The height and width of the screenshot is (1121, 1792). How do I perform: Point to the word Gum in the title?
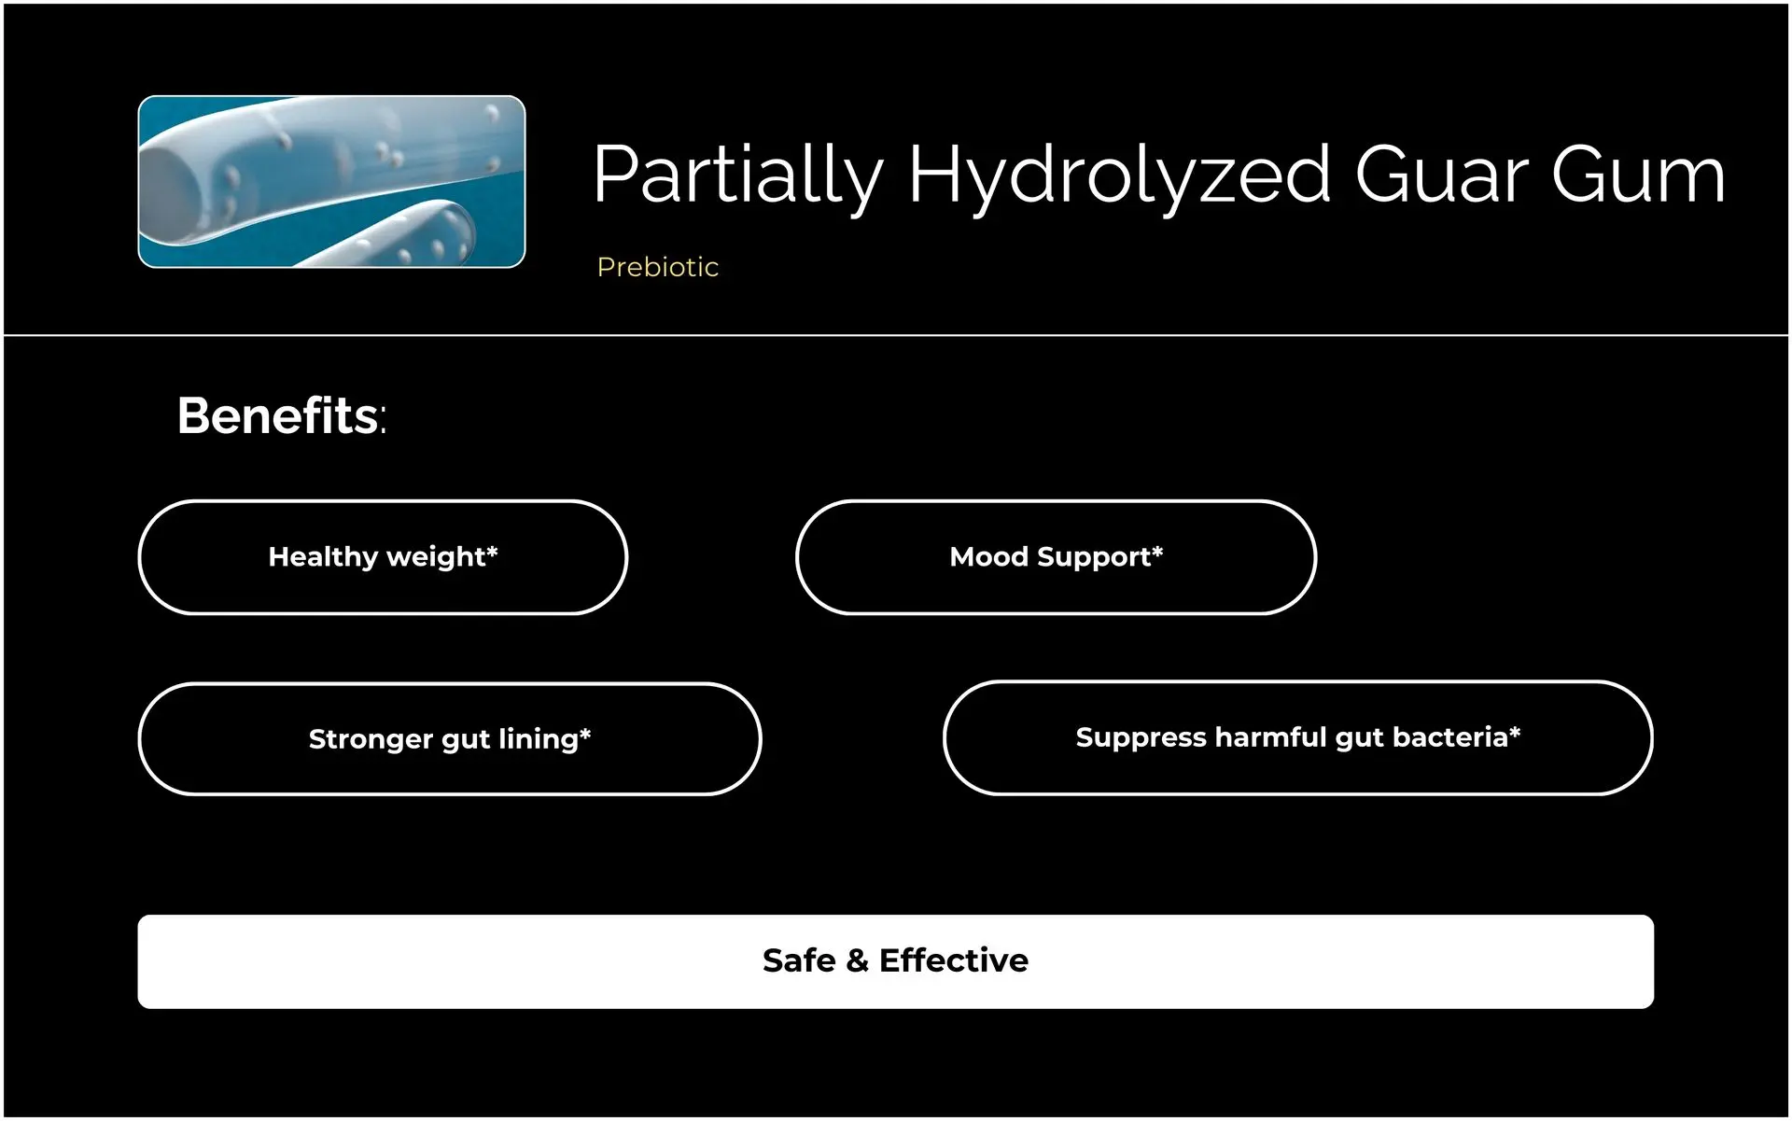coord(1639,175)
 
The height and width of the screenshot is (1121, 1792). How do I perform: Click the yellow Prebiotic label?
coord(658,267)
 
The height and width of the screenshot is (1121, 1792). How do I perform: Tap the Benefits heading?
coord(281,415)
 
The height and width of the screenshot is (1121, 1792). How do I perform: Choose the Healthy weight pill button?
coord(383,557)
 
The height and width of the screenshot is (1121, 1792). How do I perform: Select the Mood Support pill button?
coord(1056,557)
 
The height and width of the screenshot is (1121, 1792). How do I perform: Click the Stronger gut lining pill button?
coord(450,739)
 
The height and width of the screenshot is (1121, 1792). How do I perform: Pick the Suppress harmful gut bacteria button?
coord(1298,737)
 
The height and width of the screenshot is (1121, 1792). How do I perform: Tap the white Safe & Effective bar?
coord(896,961)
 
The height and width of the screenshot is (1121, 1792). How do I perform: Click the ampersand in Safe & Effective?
coord(857,960)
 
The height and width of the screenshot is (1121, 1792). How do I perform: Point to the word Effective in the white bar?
coord(954,960)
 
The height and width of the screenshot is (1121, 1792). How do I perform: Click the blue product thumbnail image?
coord(331,182)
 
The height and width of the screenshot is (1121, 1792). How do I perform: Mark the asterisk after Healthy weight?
coord(492,551)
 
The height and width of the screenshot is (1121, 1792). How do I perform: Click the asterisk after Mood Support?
coord(1157,551)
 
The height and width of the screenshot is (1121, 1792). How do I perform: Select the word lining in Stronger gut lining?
coord(538,740)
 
